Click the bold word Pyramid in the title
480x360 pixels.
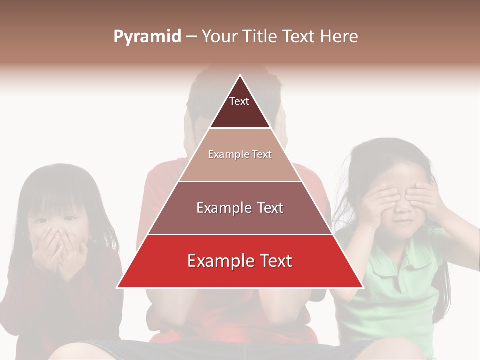tap(147, 37)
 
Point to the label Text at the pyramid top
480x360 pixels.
tap(239, 101)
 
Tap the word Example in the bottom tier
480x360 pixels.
tap(216, 261)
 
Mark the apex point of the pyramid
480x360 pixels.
tap(240, 75)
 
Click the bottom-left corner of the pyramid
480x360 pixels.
tap(117, 287)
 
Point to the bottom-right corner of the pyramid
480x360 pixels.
tap(363, 287)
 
